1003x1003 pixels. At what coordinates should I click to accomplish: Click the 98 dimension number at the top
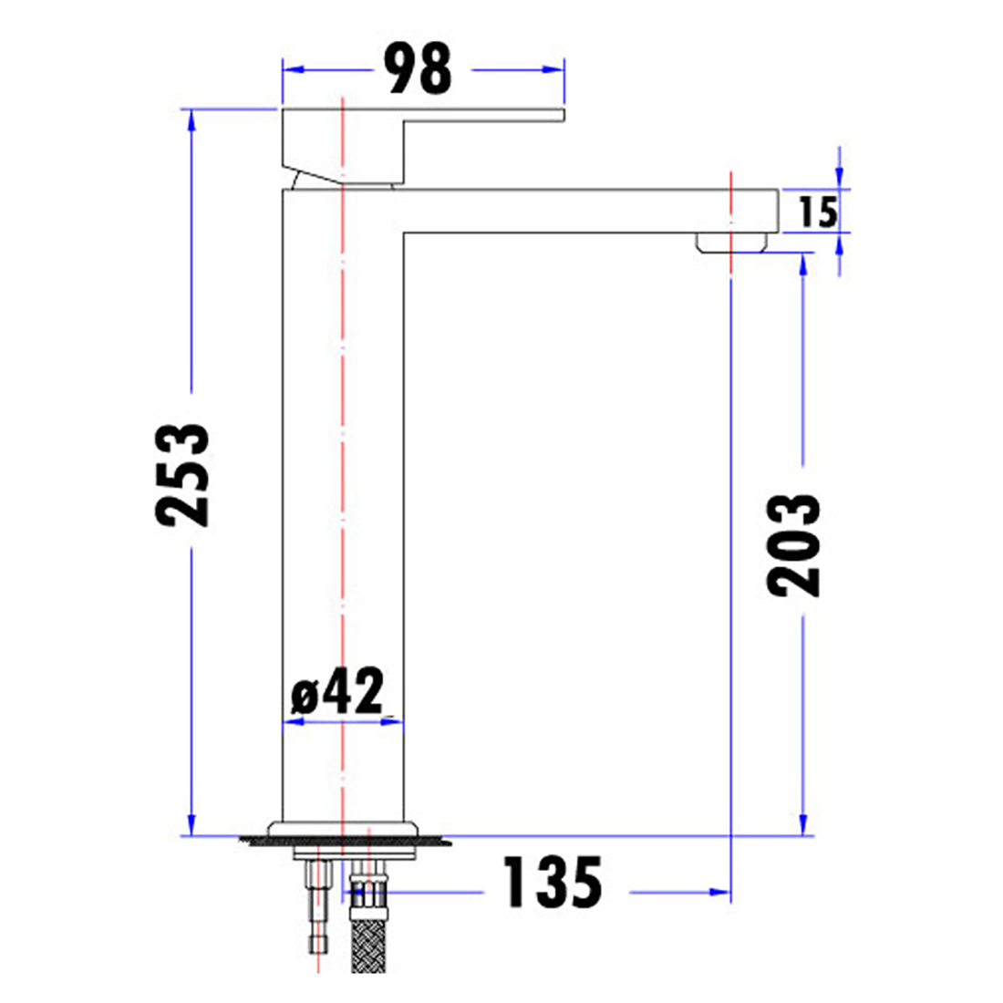[x=419, y=69]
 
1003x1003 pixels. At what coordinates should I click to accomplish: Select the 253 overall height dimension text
[x=182, y=474]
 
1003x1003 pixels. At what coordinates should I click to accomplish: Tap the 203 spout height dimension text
[x=794, y=544]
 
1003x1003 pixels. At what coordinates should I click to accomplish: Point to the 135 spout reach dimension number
[x=553, y=882]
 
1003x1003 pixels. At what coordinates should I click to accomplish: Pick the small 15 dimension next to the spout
[x=817, y=212]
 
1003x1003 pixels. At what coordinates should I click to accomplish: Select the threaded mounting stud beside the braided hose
[x=317, y=912]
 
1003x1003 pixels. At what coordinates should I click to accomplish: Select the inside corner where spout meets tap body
[x=404, y=233]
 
